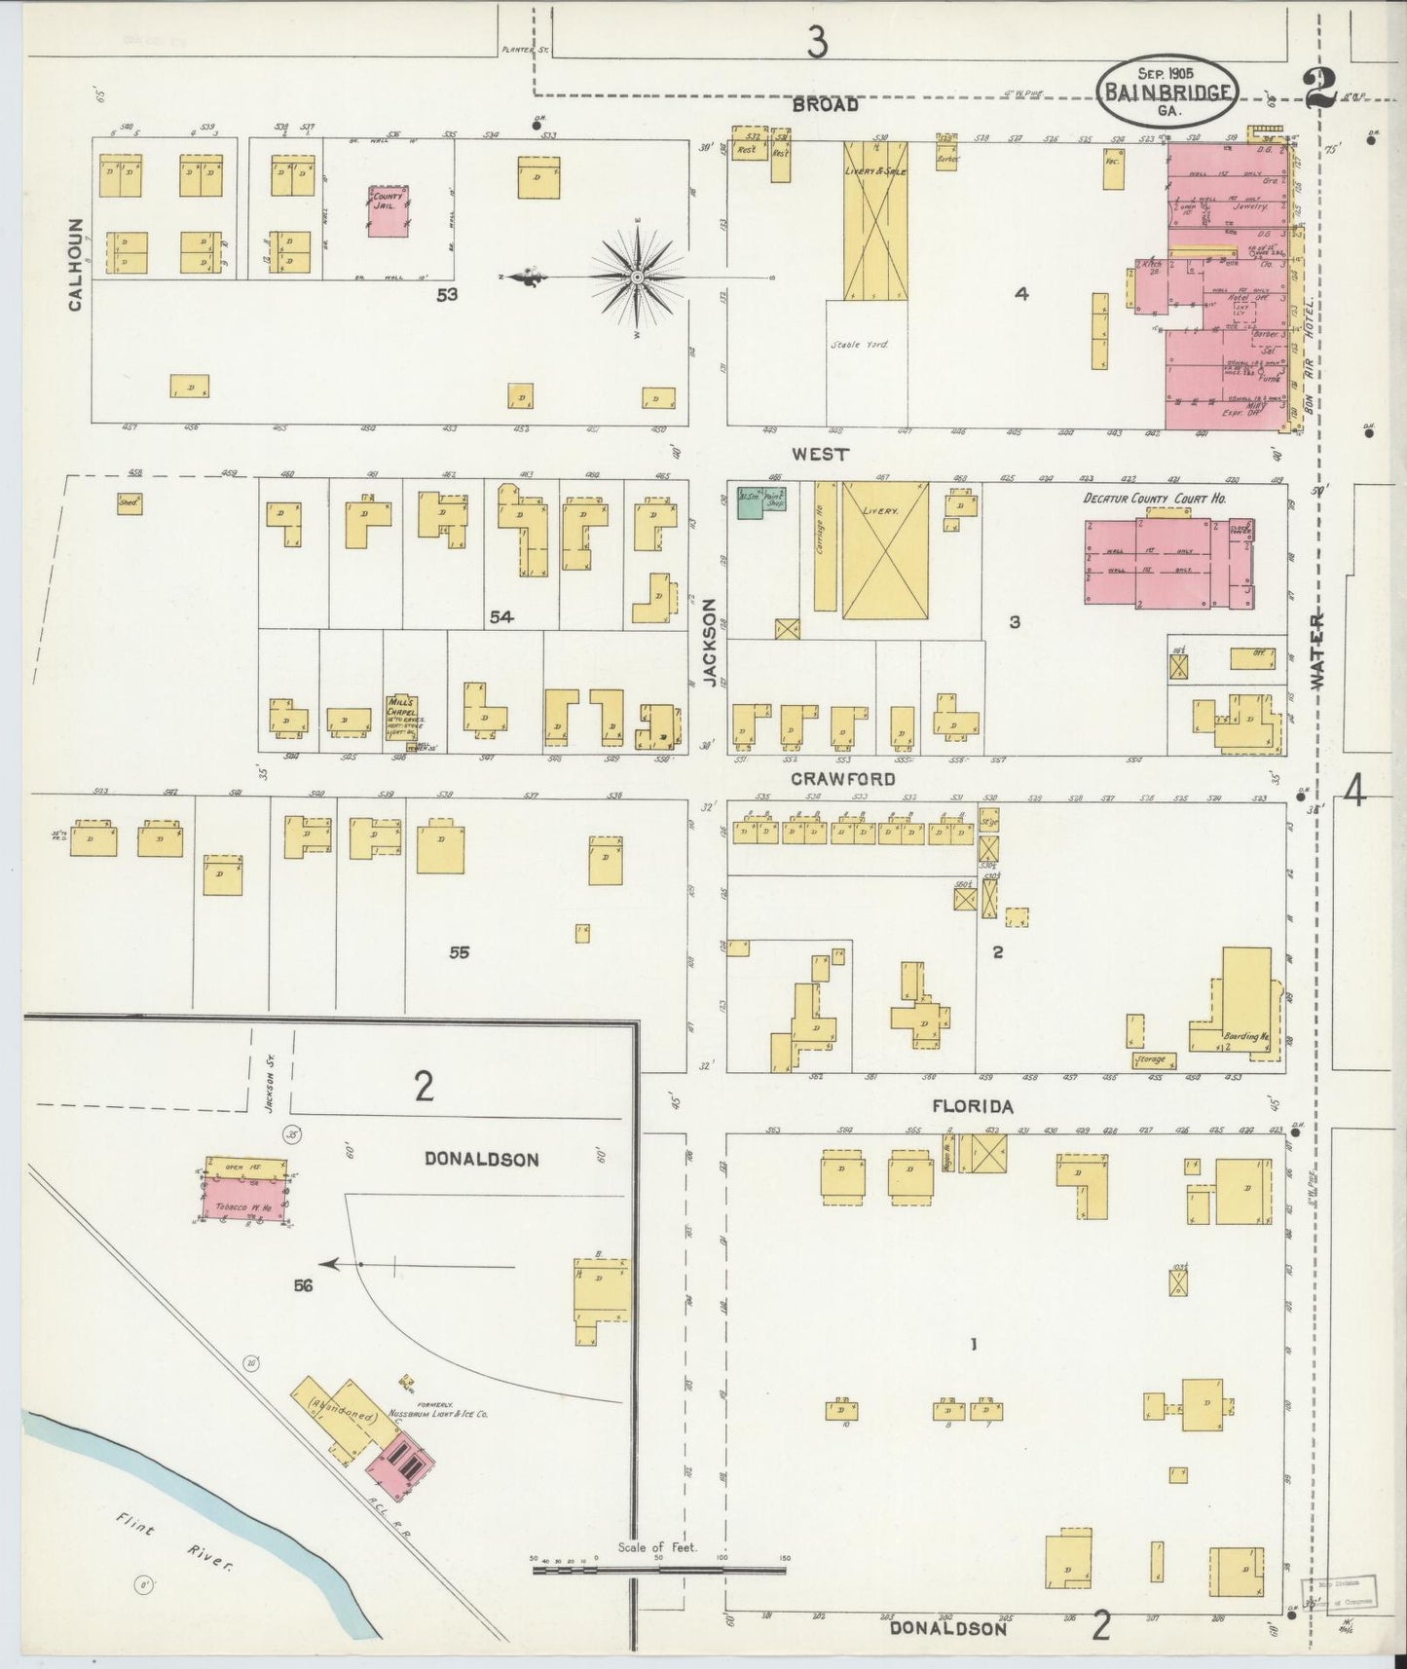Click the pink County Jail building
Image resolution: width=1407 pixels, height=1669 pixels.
[x=389, y=212]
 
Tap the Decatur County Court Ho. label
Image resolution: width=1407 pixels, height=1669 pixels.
[x=1154, y=498]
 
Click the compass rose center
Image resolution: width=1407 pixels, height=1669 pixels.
[x=637, y=278]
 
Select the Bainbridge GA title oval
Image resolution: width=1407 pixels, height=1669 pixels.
[x=1168, y=93]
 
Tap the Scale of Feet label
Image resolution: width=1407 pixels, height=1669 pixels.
[x=657, y=1547]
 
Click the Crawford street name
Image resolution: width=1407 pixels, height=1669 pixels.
[x=843, y=779]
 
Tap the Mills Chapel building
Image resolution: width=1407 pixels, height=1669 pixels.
[x=402, y=719]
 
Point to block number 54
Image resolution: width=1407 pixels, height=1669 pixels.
[x=501, y=616]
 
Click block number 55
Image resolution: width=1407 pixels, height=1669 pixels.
[x=459, y=952]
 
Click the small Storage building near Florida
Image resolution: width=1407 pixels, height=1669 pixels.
[x=1154, y=1059]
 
